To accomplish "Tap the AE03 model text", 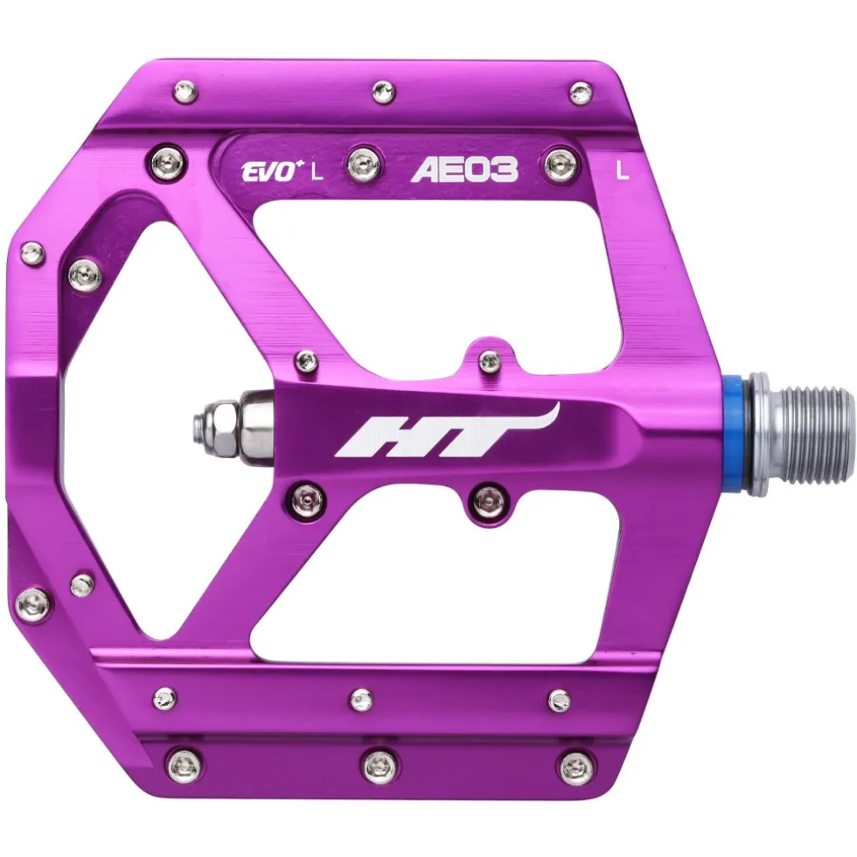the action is pyautogui.click(x=464, y=170).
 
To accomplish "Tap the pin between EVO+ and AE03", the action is pyautogui.click(x=362, y=162).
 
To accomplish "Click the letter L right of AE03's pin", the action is pyautogui.click(x=623, y=171).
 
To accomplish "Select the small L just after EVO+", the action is pyautogui.click(x=317, y=173).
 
